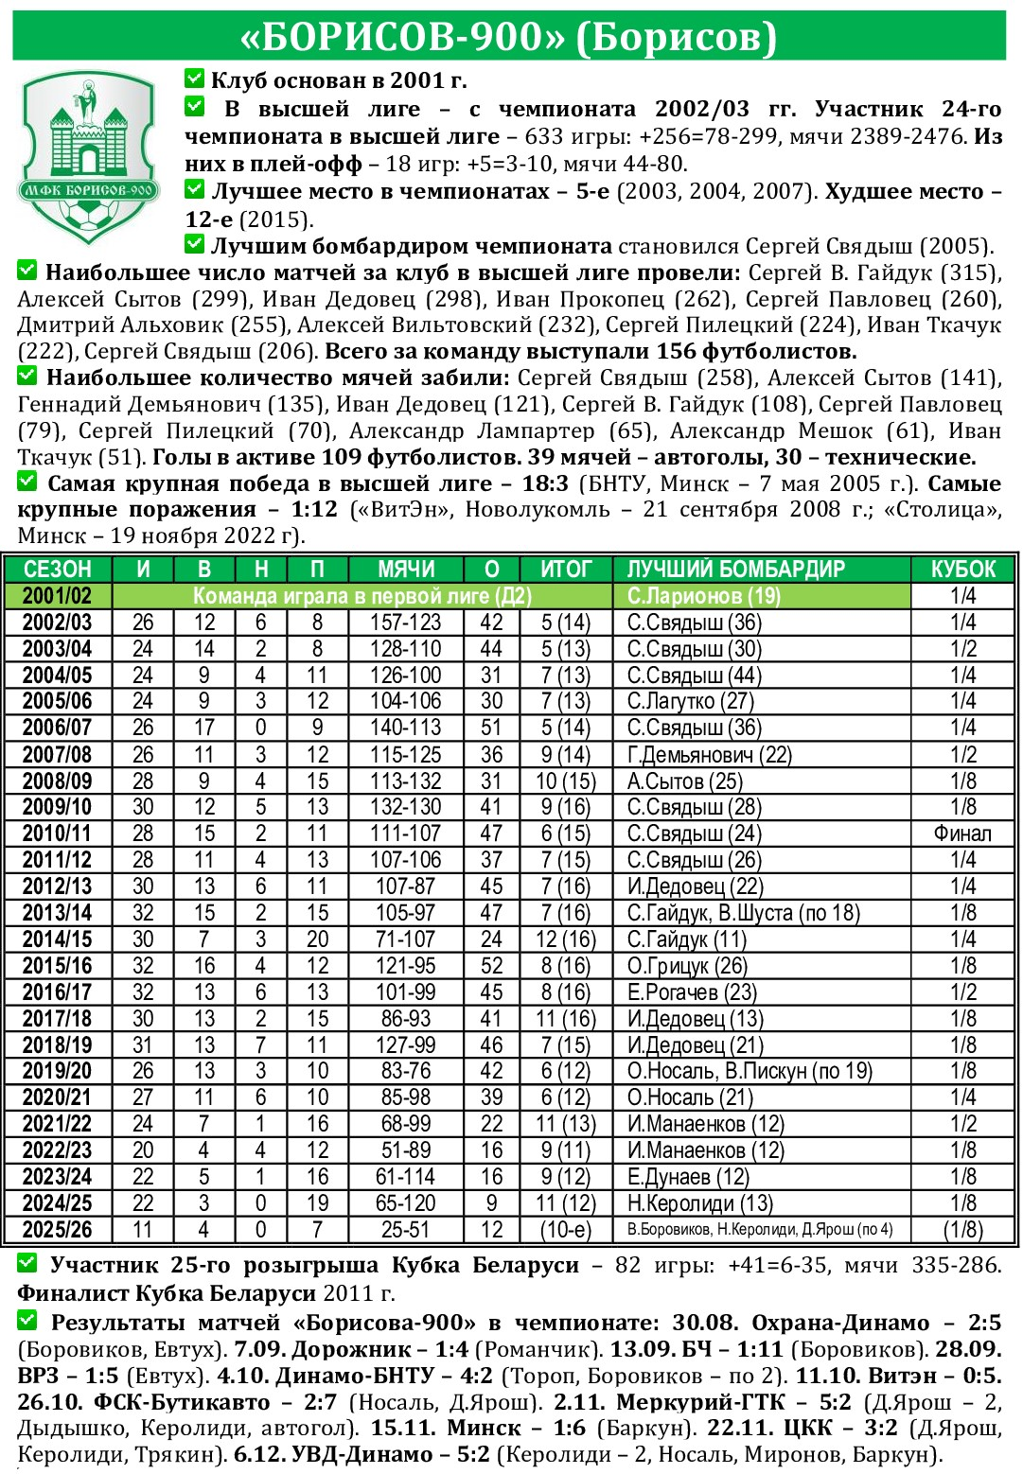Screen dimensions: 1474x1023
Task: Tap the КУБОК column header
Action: pos(962,570)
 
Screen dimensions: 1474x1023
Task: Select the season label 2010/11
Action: pos(57,834)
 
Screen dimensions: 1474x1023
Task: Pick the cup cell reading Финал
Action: pos(962,834)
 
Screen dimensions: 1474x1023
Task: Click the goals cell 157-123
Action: pos(405,623)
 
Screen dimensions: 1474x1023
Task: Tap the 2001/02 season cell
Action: pos(57,596)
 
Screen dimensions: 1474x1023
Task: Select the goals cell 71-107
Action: pos(405,940)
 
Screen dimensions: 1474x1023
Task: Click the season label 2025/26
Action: pos(57,1230)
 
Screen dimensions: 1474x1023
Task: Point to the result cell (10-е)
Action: pos(565,1230)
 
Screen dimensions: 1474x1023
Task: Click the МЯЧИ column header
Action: pos(405,570)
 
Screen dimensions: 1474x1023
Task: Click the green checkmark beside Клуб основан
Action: pos(195,79)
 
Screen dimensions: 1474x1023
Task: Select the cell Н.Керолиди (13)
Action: pos(699,1203)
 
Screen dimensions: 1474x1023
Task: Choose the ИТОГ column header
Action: pos(565,570)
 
